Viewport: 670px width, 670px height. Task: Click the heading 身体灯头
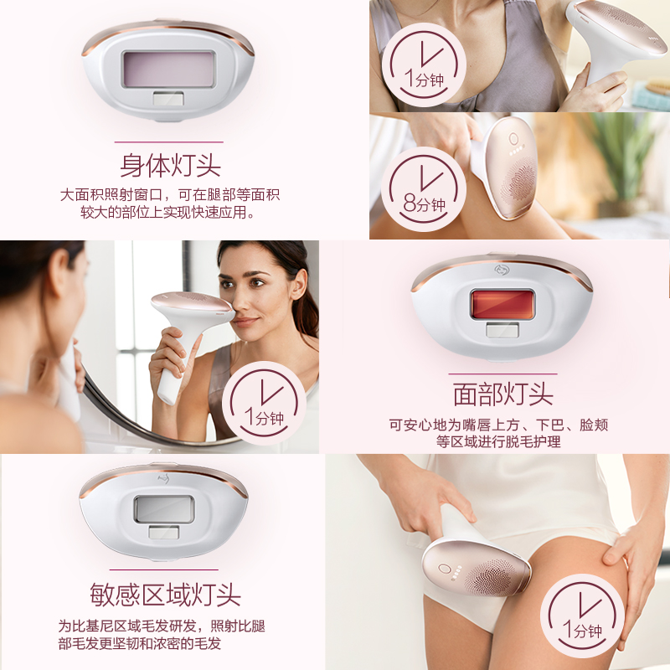(170, 164)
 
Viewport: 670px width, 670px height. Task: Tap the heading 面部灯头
(502, 394)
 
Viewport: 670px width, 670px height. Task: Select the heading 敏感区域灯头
(165, 594)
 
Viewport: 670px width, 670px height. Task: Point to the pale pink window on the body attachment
(169, 70)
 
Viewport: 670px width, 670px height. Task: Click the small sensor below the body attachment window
(169, 99)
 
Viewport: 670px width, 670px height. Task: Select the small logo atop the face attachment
(502, 268)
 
